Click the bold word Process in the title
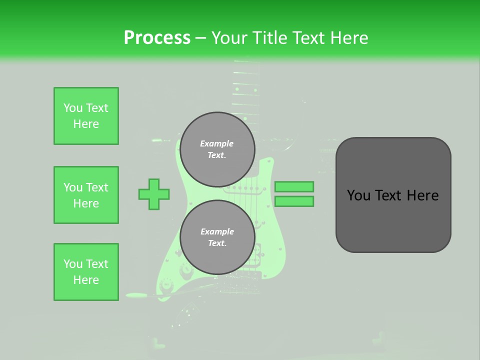point(157,38)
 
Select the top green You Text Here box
point(86,116)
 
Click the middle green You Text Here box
point(86,195)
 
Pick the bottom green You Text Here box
point(86,272)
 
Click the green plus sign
point(154,194)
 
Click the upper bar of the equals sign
point(294,186)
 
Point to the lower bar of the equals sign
point(294,201)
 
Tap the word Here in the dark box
point(422,195)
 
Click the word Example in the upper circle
point(217,143)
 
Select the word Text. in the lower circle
point(217,243)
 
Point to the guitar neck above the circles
point(245,90)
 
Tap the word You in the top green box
point(73,108)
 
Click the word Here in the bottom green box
point(86,280)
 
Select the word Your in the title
point(228,38)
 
